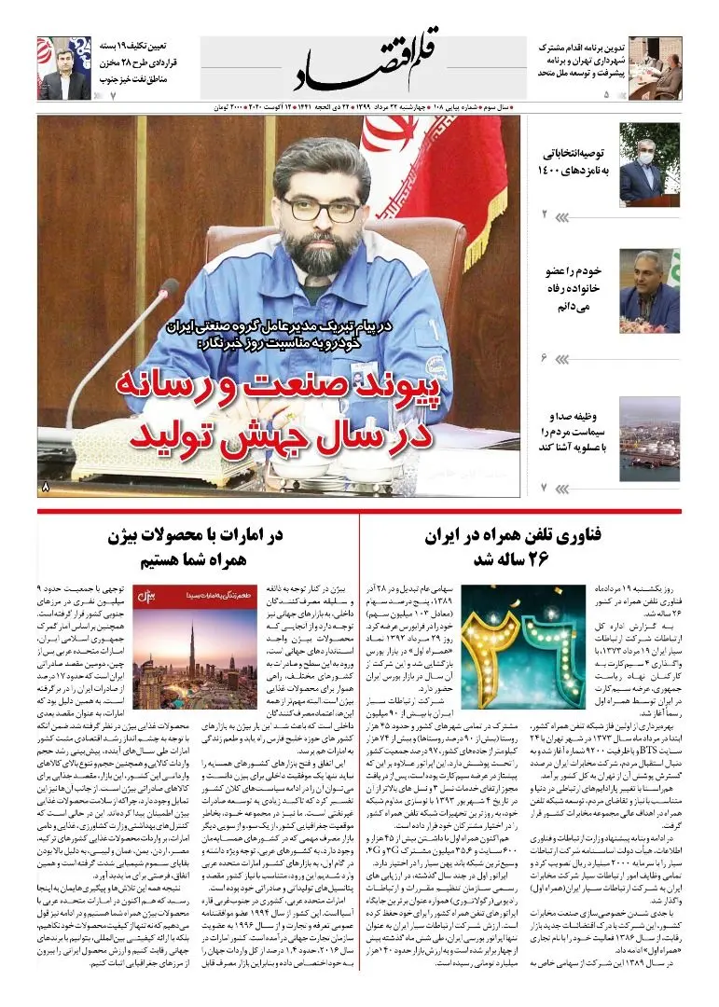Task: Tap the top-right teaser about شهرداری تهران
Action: tap(570, 58)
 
